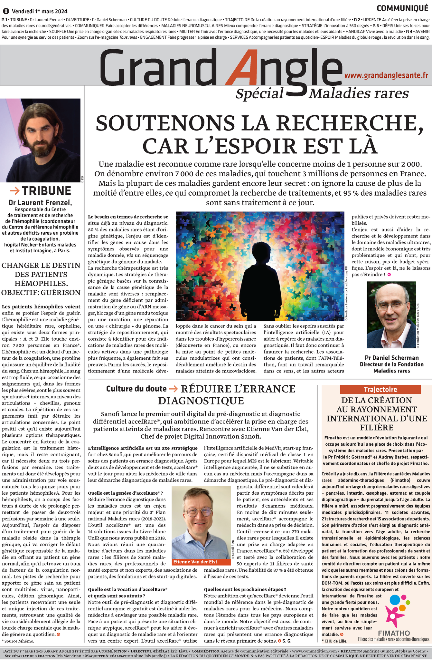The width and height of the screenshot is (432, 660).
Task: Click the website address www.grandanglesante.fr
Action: click(x=386, y=75)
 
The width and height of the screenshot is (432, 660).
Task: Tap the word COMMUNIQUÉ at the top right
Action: click(x=402, y=9)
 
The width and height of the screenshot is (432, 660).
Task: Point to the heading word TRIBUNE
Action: click(x=46, y=191)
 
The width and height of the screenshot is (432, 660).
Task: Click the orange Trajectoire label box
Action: click(x=380, y=389)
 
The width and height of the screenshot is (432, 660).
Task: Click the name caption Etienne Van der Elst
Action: click(x=195, y=562)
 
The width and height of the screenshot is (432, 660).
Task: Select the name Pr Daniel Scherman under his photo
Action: click(x=391, y=357)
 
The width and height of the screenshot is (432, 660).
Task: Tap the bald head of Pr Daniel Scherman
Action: click(x=390, y=290)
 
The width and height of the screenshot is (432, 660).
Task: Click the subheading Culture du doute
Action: click(x=136, y=389)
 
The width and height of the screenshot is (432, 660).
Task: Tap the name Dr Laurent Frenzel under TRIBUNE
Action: click(x=40, y=203)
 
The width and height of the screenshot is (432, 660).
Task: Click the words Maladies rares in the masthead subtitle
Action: click(x=358, y=94)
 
